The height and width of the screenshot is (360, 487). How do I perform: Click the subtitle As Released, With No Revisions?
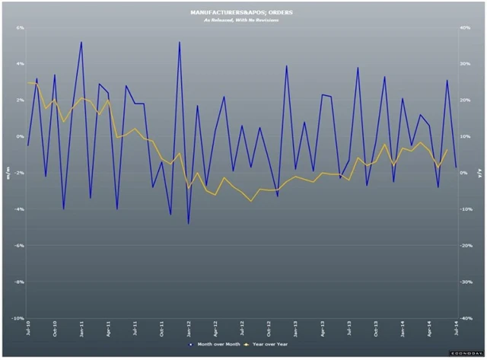click(241, 21)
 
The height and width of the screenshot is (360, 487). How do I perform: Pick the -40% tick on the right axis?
click(468, 318)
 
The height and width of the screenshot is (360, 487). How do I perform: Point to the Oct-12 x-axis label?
click(269, 331)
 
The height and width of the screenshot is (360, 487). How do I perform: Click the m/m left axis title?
click(6, 173)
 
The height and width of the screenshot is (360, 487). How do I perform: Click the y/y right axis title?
click(481, 173)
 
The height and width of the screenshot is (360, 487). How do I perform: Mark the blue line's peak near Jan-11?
click(81, 42)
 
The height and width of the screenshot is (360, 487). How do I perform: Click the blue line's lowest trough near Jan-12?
click(188, 224)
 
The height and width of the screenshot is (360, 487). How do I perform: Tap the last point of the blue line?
click(456, 167)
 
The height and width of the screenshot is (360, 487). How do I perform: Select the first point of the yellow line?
click(28, 83)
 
